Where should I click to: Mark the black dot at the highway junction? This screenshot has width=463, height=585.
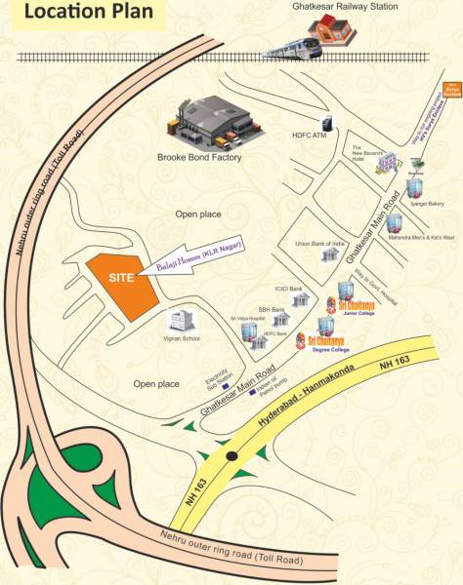tap(231, 456)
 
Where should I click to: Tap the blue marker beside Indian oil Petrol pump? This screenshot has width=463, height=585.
tap(254, 396)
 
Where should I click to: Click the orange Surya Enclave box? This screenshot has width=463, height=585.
tap(452, 89)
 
